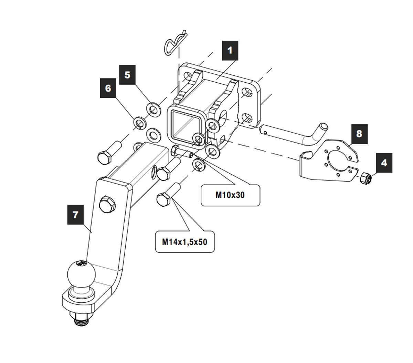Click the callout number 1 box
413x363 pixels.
pyautogui.click(x=230, y=51)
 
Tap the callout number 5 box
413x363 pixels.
pyautogui.click(x=127, y=75)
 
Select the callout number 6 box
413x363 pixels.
pyautogui.click(x=108, y=88)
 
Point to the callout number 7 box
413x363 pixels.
pyautogui.click(x=75, y=215)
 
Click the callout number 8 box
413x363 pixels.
pyautogui.click(x=359, y=134)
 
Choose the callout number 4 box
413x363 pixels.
pyautogui.click(x=384, y=163)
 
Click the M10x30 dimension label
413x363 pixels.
pyautogui.click(x=230, y=195)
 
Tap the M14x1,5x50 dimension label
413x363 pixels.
pyautogui.click(x=185, y=242)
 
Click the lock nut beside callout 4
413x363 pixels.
pyautogui.click(x=365, y=179)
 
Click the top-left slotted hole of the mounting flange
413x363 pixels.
pyautogui.click(x=188, y=75)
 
